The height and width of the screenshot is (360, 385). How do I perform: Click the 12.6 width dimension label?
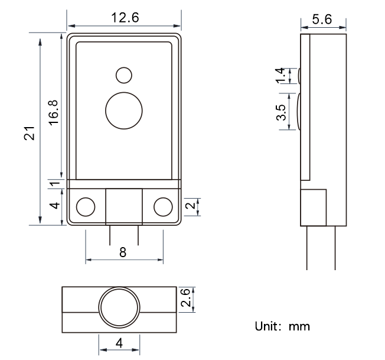pos(125,18)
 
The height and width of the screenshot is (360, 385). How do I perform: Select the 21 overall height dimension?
pos(29,133)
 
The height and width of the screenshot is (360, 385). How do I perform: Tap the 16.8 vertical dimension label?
pos(54,112)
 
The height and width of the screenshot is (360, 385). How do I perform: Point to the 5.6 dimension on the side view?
pos(322,19)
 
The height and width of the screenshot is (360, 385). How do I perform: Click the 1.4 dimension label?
pos(280,76)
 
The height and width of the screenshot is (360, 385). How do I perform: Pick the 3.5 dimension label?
pos(281,112)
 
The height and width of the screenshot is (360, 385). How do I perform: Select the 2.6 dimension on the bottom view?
pos(185,297)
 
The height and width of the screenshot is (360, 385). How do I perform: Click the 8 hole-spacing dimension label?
pos(123,252)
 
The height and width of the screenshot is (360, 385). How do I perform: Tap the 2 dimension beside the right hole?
pos(191,205)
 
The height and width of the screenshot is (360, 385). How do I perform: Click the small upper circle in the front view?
pos(124,75)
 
